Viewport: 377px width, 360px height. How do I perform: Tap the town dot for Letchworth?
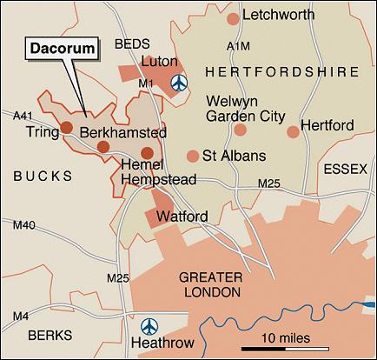pyautogui.click(x=232, y=18)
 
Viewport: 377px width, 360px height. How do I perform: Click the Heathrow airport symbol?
pyautogui.click(x=150, y=325)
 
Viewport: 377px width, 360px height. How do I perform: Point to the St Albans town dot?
pyautogui.click(x=192, y=157)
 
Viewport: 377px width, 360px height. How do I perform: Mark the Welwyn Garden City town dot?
pyautogui.click(x=240, y=130)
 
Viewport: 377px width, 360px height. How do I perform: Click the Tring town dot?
pyautogui.click(x=66, y=127)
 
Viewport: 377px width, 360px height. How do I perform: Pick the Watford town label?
pyautogui.click(x=181, y=215)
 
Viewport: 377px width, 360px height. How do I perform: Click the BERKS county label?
pyautogui.click(x=43, y=334)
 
